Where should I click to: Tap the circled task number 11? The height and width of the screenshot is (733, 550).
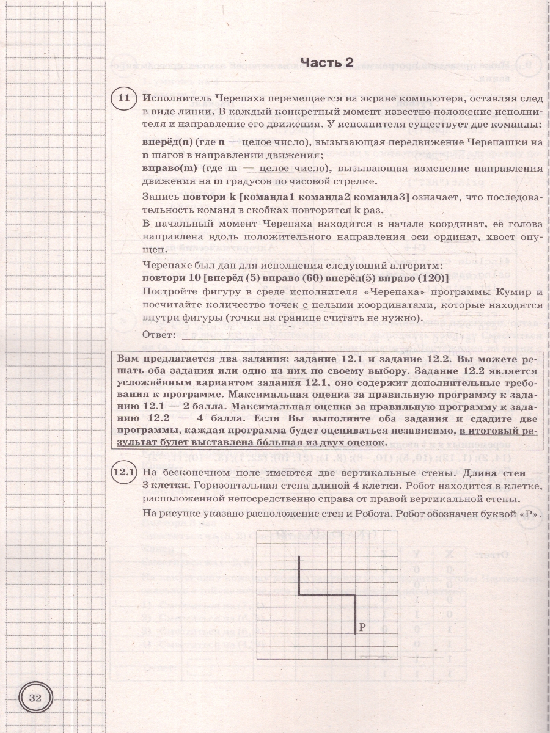[123, 98]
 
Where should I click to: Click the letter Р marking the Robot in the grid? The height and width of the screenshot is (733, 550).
[362, 625]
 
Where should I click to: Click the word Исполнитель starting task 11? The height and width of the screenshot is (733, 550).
[172, 98]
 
